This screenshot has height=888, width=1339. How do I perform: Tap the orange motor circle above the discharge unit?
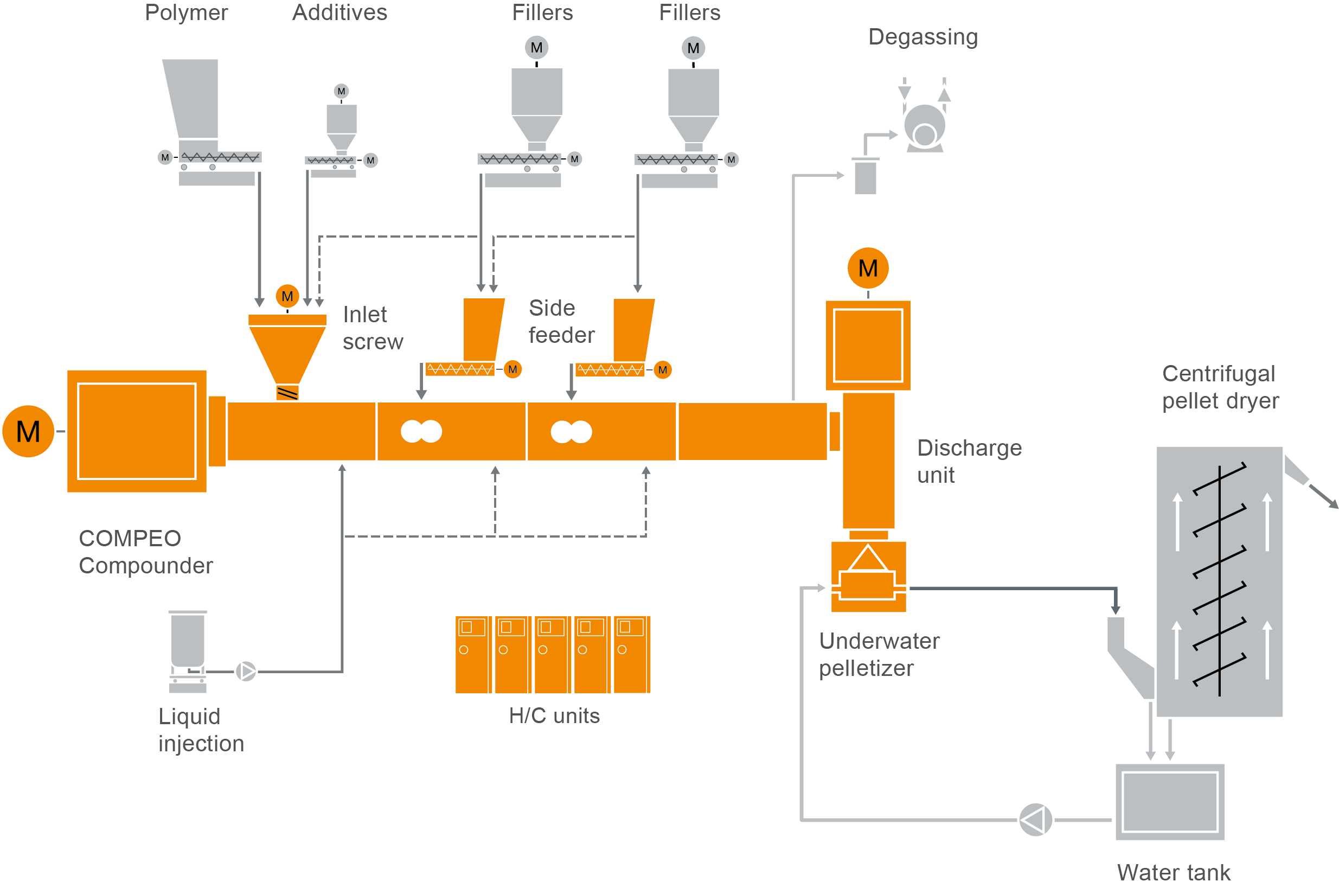click(x=867, y=268)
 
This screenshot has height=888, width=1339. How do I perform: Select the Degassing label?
click(x=922, y=37)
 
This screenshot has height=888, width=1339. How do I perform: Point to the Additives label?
click(x=339, y=12)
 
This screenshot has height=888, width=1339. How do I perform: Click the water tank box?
click(x=1169, y=801)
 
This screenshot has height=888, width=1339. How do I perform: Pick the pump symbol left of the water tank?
click(x=1034, y=820)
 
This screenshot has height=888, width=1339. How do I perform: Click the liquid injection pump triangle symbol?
click(x=246, y=671)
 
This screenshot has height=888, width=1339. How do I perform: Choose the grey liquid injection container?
click(x=188, y=640)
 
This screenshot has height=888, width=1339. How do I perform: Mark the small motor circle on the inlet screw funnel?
click(x=287, y=296)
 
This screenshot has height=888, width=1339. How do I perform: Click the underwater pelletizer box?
click(x=867, y=577)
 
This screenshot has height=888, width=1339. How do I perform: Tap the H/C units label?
click(x=554, y=716)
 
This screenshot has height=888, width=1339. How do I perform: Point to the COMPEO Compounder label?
click(x=145, y=552)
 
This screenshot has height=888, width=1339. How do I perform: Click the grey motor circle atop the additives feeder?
click(x=341, y=91)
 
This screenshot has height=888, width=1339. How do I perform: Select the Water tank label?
click(x=1173, y=872)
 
